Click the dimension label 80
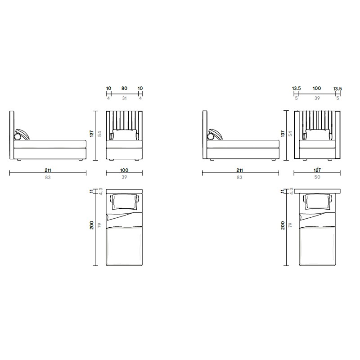pos(124,88)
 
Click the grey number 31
pos(124,98)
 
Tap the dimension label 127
pos(317,170)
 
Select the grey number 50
pos(317,177)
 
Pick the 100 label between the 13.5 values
pos(317,88)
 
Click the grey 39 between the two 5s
pos(317,98)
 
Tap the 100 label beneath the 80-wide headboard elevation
pos(124,170)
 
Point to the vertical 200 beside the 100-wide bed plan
pos(92,225)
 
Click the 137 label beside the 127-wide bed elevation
pos(283,133)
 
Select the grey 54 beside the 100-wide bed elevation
pos(99,134)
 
